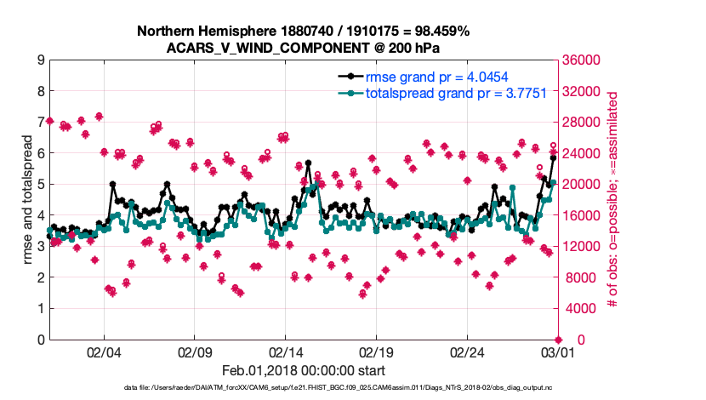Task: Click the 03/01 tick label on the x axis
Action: (557, 351)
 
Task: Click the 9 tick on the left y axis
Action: (41, 60)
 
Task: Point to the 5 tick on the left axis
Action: (41, 185)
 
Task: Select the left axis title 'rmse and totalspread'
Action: (26, 200)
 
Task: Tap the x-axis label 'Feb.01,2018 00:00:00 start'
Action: (303, 370)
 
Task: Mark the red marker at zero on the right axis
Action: (557, 340)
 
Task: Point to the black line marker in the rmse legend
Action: (347, 77)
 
